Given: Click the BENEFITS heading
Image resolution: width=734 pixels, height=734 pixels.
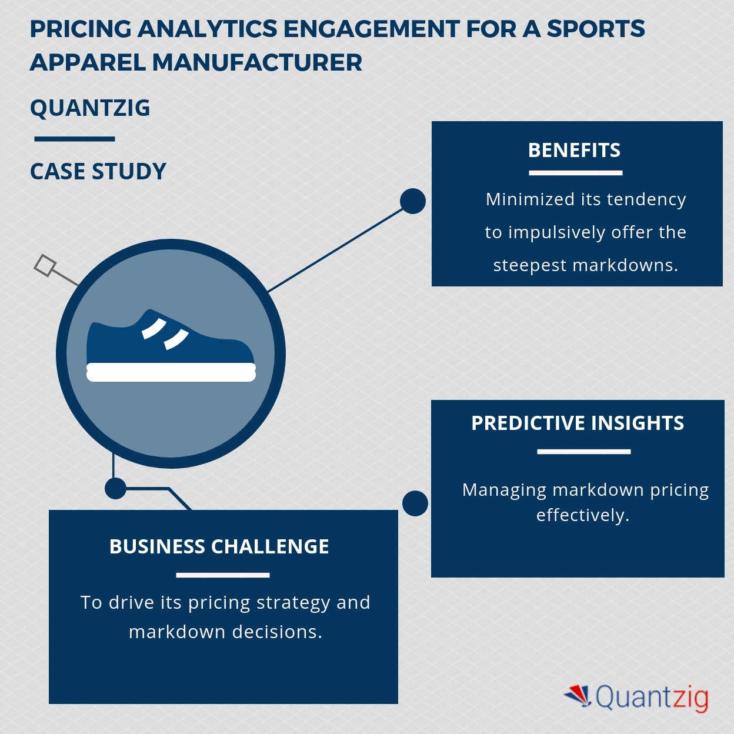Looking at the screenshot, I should pyautogui.click(x=574, y=151).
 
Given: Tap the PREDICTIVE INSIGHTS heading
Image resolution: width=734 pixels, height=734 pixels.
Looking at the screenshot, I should pyautogui.click(x=578, y=423).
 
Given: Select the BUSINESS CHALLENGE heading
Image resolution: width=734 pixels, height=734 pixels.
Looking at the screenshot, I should pyautogui.click(x=219, y=547).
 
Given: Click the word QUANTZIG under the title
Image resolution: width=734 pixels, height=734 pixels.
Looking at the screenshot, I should pyautogui.click(x=90, y=108).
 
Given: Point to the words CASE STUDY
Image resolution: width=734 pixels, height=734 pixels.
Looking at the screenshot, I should pyautogui.click(x=98, y=172).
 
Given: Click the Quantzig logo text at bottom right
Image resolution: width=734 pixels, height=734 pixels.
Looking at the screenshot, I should pyautogui.click(x=652, y=698).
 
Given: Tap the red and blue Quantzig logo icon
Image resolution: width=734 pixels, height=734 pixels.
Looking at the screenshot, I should pyautogui.click(x=578, y=695).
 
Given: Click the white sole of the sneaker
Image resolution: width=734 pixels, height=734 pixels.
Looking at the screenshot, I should pyautogui.click(x=171, y=372).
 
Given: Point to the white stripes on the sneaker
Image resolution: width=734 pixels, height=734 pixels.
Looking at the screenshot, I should pyautogui.click(x=165, y=333).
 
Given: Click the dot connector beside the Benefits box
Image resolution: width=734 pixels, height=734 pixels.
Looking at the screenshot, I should pyautogui.click(x=413, y=201).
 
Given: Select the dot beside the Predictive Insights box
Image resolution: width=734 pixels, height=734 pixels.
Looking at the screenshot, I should pyautogui.click(x=415, y=503).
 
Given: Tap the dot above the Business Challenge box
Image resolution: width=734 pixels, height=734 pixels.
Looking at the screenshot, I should pyautogui.click(x=115, y=488).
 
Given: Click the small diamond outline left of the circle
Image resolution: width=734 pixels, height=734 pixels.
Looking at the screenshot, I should pyautogui.click(x=45, y=265).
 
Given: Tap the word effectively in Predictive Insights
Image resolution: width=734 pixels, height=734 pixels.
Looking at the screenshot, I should pyautogui.click(x=582, y=515).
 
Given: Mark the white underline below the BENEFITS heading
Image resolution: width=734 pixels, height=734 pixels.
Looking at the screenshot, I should pyautogui.click(x=575, y=173).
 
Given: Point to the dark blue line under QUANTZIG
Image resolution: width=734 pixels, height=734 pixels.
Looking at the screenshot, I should pyautogui.click(x=75, y=139).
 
